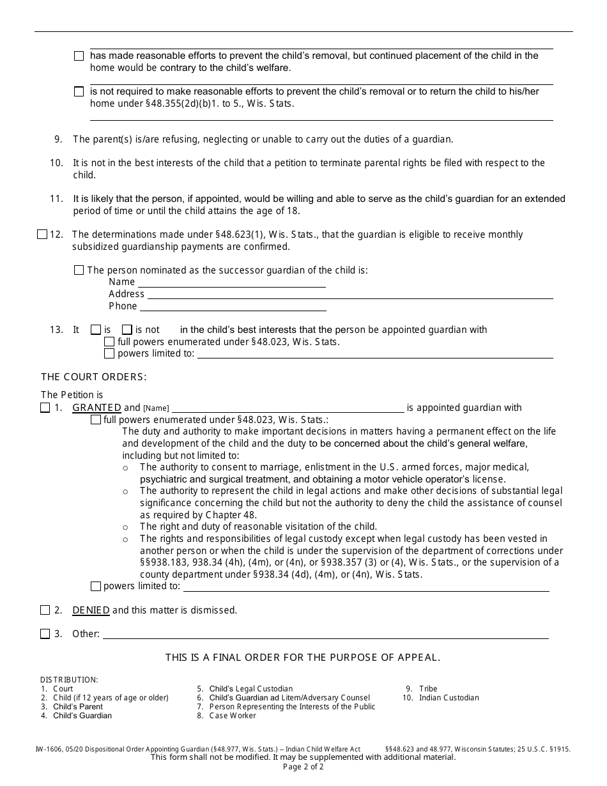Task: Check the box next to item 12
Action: click(x=42, y=235)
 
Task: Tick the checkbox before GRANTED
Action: click(x=45, y=408)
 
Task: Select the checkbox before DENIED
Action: click(x=45, y=610)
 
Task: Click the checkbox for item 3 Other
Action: click(x=45, y=634)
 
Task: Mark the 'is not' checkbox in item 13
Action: click(x=127, y=330)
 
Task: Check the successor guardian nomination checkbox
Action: click(x=79, y=270)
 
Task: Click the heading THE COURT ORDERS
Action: click(x=94, y=377)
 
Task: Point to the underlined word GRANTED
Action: click(x=96, y=408)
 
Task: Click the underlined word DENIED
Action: click(x=91, y=610)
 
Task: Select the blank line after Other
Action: click(x=325, y=635)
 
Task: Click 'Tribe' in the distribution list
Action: click(x=428, y=689)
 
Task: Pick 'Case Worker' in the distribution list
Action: click(x=233, y=716)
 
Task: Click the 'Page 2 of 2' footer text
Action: click(x=303, y=767)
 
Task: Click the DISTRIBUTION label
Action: click(x=69, y=680)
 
